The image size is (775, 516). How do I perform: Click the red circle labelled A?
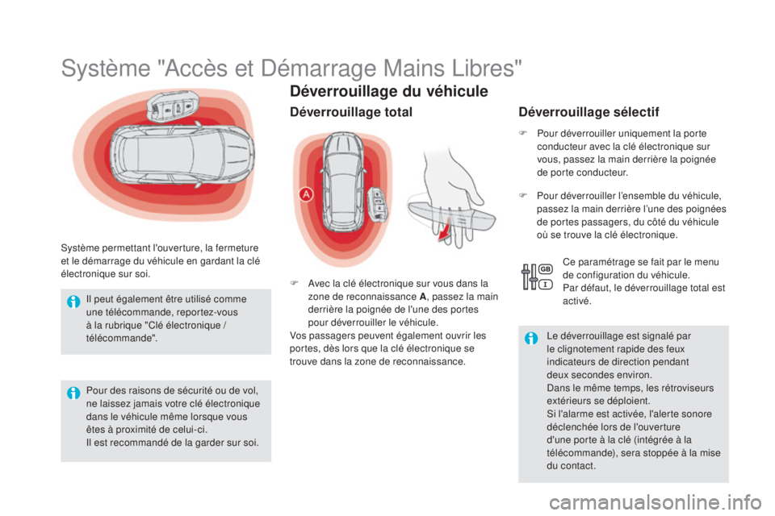coord(307,194)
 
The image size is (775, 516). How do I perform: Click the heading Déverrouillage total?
coord(351,112)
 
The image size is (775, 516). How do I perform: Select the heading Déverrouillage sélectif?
coord(589,112)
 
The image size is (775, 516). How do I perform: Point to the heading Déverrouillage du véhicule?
coord(389,91)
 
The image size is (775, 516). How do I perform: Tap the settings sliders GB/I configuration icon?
coord(538,277)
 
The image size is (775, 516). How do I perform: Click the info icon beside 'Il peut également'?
coord(73,302)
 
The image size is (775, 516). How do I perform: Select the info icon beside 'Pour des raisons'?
coord(73,393)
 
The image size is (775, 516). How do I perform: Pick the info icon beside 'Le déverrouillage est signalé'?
coord(531,339)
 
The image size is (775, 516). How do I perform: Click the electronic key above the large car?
coord(171,106)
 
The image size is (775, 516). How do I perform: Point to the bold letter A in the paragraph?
coord(422,297)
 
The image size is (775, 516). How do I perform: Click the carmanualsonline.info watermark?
coord(656,503)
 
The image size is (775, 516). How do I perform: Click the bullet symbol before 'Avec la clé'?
coord(294,283)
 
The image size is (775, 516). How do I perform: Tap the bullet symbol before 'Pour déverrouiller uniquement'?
coord(523,133)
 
